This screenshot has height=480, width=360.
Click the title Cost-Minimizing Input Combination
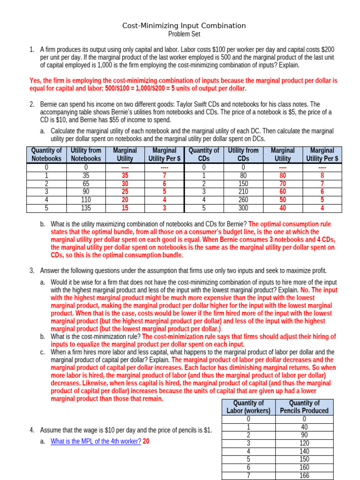coord(184,26)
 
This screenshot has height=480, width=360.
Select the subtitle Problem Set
coord(184,34)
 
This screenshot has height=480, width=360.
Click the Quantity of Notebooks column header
coord(46,154)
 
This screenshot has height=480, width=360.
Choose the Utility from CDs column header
coord(243,154)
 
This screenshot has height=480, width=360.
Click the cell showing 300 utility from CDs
coord(243,208)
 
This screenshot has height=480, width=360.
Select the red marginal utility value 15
coord(125,208)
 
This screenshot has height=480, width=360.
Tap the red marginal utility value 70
coord(282,183)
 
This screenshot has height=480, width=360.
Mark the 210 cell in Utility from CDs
coord(243,191)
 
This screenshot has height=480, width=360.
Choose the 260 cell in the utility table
coord(243,200)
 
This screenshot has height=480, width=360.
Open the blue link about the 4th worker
coord(96,441)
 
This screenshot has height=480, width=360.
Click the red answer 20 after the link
coord(146,441)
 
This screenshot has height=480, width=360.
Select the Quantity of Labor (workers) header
coord(248,406)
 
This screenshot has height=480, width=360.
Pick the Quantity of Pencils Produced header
coord(304,406)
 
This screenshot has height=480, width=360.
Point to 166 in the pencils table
coord(304,476)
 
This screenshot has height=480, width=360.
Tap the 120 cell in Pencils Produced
coord(304,443)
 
